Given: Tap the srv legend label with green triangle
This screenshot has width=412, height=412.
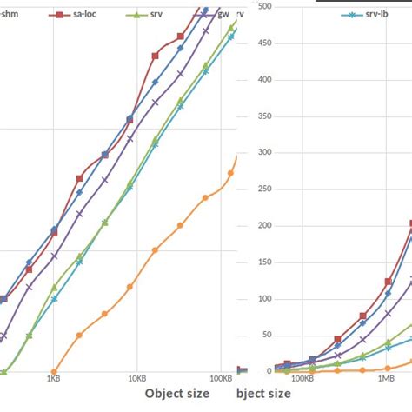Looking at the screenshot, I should [x=156, y=16].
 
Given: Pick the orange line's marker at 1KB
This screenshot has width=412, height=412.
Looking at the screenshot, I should [x=54, y=371].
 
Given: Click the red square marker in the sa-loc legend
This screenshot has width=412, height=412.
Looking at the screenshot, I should [x=59, y=16].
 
